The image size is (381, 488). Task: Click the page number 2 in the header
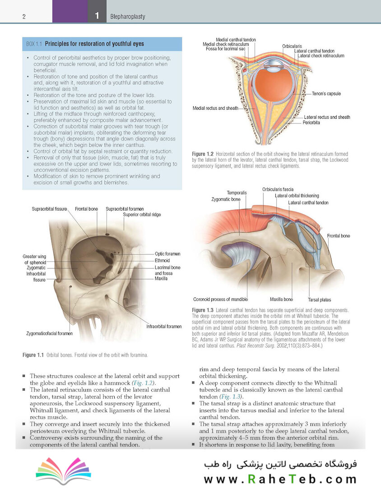tap(24, 17)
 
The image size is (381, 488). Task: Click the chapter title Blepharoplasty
tap(127, 17)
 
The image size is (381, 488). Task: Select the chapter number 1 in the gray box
tap(97, 15)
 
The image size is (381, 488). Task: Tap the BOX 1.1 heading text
tap(85, 44)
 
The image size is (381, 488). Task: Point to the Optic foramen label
tap(167, 253)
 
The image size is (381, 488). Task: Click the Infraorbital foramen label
tap(164, 327)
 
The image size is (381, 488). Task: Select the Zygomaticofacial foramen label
tap(50, 333)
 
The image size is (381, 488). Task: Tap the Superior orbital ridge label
tap(142, 215)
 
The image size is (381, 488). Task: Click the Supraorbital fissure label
tap(49, 209)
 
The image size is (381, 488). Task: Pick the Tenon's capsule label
tap(326, 94)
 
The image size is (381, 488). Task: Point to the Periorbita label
tap(311, 122)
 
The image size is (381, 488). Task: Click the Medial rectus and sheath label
tap(215, 108)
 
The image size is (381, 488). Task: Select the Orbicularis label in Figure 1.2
tap(292, 46)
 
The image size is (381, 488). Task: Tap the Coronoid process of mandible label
tap(220, 300)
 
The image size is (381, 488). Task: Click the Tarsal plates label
tap(320, 300)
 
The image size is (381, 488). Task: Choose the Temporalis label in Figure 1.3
tap(237, 192)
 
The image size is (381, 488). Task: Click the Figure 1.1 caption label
tap(33, 355)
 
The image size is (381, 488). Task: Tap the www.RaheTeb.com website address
tap(280, 479)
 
